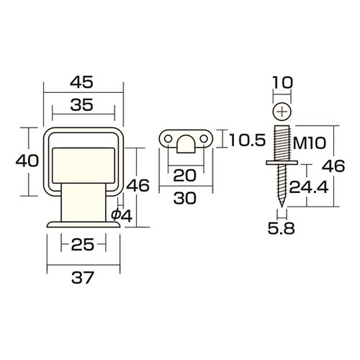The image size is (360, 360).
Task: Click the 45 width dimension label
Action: coord(81,82)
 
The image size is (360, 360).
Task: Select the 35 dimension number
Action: coord(82,105)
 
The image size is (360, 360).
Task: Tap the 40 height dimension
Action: coord(27,161)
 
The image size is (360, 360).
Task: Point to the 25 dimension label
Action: coord(82,245)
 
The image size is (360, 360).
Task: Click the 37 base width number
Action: coord(82,278)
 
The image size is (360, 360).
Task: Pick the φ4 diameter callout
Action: coord(122,216)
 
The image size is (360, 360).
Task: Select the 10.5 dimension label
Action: coord(248,140)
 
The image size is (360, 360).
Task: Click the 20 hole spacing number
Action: coord(184,175)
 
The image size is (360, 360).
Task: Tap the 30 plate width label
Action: coord(185,199)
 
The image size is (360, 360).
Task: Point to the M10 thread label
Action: coord(310,143)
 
